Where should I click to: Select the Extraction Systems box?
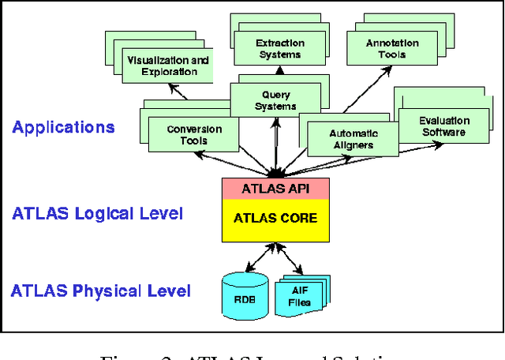279,49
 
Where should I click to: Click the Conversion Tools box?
194,135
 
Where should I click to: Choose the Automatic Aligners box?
353,139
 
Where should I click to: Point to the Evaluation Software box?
443,126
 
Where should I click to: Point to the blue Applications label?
63,127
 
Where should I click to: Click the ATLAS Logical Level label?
97,213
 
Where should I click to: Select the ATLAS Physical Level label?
100,291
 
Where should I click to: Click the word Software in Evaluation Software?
443,132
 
